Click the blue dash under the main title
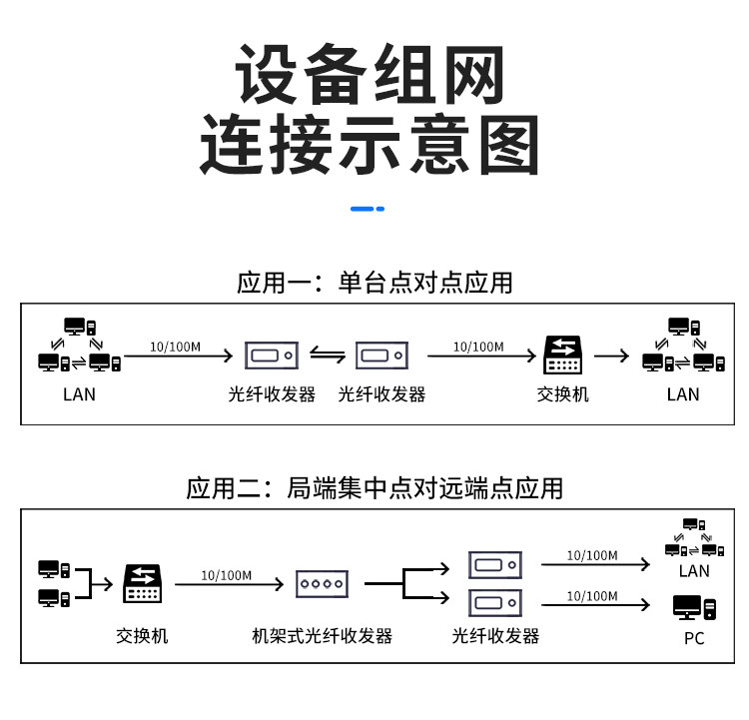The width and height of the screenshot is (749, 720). click(367, 209)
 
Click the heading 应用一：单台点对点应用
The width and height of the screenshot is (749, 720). click(374, 283)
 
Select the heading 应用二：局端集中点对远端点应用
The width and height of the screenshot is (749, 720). click(374, 488)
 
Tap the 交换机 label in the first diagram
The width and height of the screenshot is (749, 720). click(562, 394)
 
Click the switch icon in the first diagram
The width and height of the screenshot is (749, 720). click(562, 355)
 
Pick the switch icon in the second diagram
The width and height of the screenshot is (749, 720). click(143, 583)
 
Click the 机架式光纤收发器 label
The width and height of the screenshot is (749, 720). click(322, 636)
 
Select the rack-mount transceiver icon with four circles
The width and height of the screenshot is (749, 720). click(322, 584)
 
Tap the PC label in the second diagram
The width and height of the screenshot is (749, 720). click(694, 638)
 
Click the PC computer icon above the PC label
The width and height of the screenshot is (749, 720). click(694, 607)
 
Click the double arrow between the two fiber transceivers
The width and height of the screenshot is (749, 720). click(328, 355)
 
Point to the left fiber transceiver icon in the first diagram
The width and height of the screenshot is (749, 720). click(272, 356)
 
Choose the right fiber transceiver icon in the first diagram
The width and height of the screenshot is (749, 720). click(381, 356)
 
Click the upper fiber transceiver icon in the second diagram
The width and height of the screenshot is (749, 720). click(495, 565)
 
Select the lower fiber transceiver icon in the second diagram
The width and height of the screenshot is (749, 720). click(495, 603)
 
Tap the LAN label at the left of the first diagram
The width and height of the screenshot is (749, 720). click(79, 394)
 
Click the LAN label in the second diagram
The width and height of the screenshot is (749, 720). click(694, 571)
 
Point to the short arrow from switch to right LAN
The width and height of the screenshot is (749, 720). click(611, 356)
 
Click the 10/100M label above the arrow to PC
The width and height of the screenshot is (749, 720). click(592, 596)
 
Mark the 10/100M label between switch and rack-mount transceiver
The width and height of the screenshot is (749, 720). click(226, 576)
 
